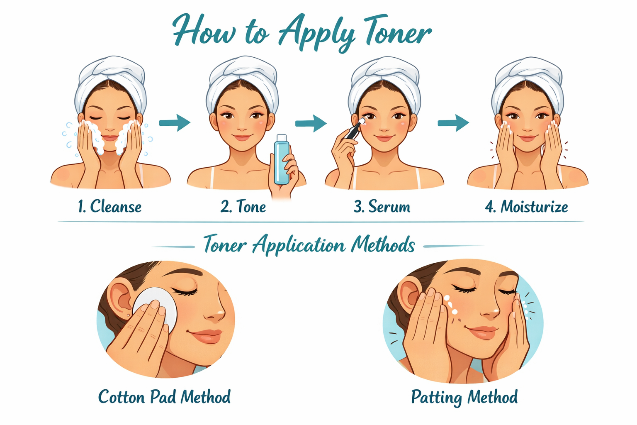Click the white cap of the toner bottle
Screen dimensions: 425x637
click(x=282, y=137)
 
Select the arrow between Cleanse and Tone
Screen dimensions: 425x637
click(x=175, y=122)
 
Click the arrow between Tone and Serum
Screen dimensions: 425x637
click(x=311, y=123)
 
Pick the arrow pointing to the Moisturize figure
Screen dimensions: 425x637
click(x=453, y=122)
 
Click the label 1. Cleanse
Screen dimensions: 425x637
click(x=109, y=206)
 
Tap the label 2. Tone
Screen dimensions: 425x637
click(x=243, y=206)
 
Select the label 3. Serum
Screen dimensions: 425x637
click(x=382, y=206)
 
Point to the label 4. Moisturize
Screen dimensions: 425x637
click(x=526, y=206)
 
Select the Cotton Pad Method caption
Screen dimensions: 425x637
click(x=164, y=397)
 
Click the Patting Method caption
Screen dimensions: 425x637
click(x=464, y=397)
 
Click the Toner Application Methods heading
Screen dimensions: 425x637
click(x=309, y=245)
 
